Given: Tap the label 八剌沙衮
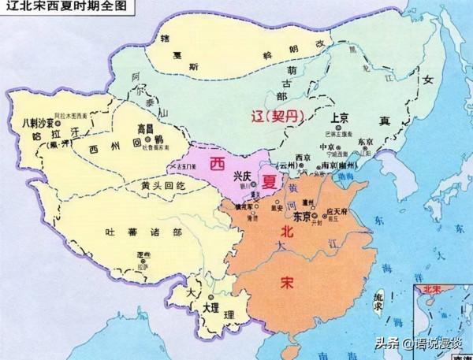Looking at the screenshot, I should tap(39, 124).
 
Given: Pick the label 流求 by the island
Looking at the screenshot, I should tap(379, 302).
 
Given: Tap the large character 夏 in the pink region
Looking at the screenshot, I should tap(270, 180).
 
